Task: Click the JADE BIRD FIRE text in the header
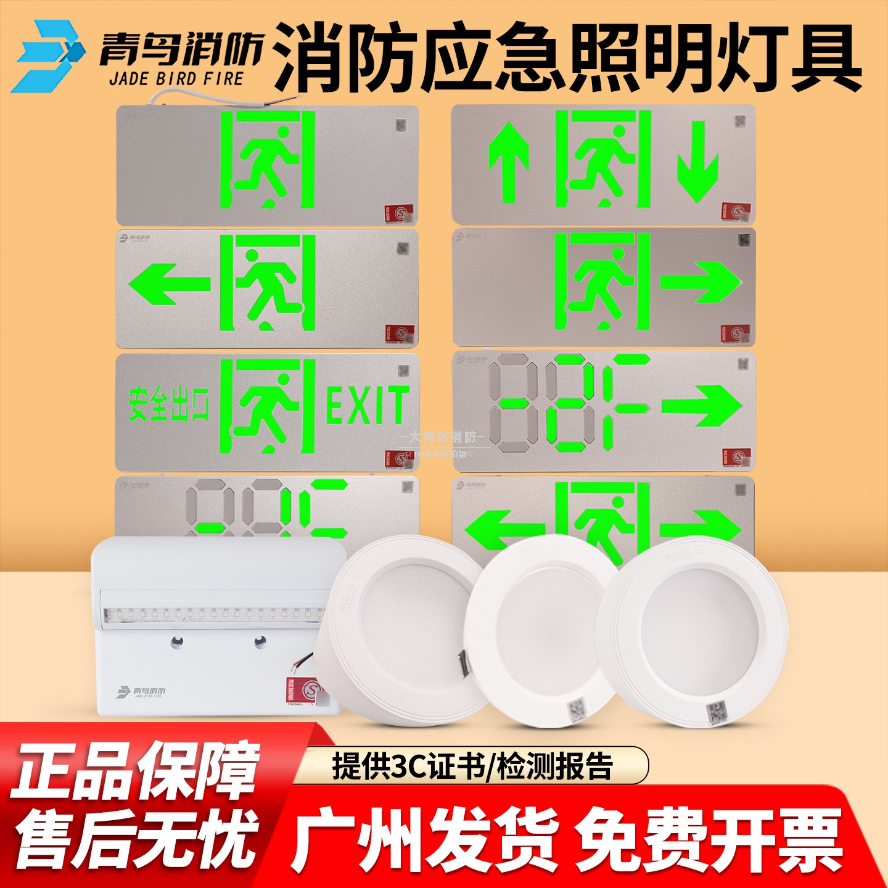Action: [x=176, y=80]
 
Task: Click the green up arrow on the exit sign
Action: [x=509, y=162]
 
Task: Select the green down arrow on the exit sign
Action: [x=698, y=162]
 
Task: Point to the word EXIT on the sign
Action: [x=367, y=405]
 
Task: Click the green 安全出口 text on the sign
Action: [x=168, y=406]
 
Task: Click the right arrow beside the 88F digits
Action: [x=702, y=405]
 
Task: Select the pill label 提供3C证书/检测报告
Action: [x=472, y=766]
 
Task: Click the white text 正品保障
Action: [x=136, y=770]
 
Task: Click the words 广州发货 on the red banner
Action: [x=424, y=841]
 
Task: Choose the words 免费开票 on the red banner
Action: [x=709, y=841]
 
